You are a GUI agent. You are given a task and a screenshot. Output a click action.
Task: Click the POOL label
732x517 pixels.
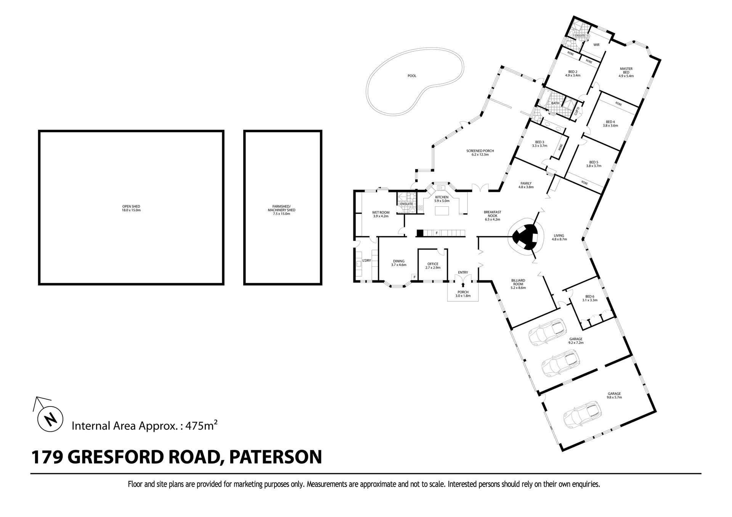[412, 76]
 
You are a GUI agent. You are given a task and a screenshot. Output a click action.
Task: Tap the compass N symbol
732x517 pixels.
[50, 419]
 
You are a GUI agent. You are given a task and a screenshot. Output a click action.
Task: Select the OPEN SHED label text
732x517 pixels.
[131, 206]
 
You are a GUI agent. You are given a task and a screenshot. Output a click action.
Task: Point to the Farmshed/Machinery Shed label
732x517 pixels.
[281, 210]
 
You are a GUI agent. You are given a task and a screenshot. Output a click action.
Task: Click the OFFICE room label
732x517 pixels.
[433, 264]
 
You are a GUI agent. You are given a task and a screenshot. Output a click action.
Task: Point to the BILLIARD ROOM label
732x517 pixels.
[518, 282]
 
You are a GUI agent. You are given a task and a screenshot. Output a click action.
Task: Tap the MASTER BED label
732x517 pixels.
[626, 70]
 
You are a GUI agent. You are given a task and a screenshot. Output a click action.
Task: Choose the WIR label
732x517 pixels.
[596, 45]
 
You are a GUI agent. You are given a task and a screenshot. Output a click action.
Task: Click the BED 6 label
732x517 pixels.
[589, 296]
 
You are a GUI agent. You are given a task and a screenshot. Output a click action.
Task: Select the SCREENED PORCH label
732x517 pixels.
[480, 151]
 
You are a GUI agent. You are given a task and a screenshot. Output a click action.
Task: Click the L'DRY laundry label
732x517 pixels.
[366, 261]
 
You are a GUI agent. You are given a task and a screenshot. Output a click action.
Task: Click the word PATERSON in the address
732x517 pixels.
[275, 457]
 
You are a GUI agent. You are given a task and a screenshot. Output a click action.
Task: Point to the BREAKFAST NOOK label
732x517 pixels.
[493, 214]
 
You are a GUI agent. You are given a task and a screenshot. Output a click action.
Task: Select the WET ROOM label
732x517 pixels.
[380, 213]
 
